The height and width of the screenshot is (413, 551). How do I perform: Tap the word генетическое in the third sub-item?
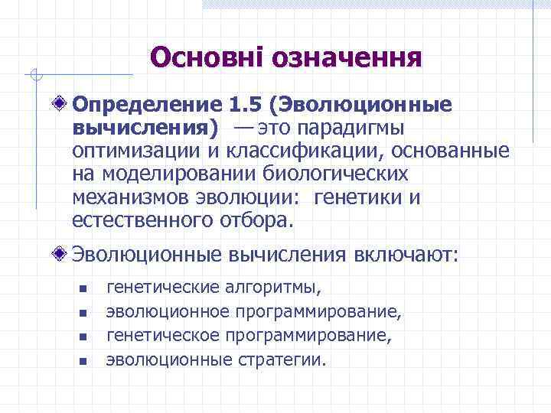coord(158,335)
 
